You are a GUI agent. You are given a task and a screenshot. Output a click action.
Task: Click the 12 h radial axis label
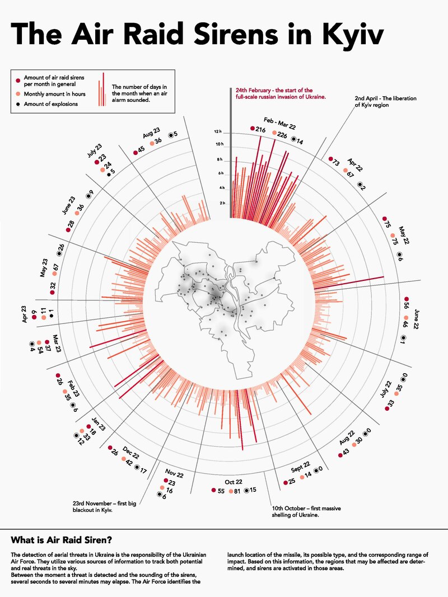[x=218, y=132]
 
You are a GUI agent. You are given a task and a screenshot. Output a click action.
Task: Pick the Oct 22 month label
[x=234, y=482]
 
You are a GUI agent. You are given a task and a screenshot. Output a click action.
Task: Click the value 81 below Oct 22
[x=237, y=491]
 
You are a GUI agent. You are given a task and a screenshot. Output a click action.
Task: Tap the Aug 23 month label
[x=152, y=134]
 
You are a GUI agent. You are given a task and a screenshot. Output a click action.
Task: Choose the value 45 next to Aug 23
[x=141, y=149]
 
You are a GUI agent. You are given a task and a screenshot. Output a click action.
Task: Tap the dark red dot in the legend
[x=18, y=81]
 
